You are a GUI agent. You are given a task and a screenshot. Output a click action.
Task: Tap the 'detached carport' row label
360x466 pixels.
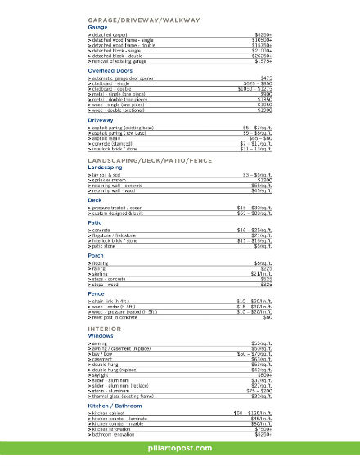tap(115, 35)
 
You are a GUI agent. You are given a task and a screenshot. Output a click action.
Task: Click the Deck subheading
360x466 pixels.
tap(95, 199)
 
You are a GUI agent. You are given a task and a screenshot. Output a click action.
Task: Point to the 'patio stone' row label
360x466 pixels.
tap(106, 245)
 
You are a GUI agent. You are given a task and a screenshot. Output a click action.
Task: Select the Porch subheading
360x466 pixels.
tap(97, 256)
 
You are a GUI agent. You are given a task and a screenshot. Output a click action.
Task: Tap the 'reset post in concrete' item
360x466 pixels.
tap(119, 317)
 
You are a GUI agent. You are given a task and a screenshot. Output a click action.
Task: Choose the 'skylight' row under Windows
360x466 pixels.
tap(101, 374)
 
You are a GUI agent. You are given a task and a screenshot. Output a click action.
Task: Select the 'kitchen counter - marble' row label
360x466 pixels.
tap(123, 423)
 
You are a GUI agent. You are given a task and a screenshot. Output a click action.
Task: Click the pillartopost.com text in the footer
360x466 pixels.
tap(179, 449)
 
